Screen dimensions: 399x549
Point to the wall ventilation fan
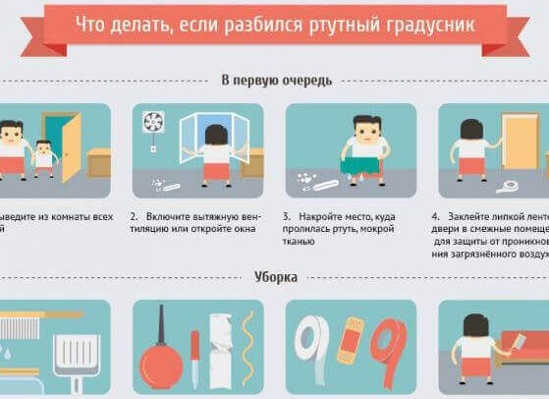pyautogui.click(x=152, y=123)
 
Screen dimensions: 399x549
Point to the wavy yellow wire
pyautogui.click(x=246, y=350)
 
